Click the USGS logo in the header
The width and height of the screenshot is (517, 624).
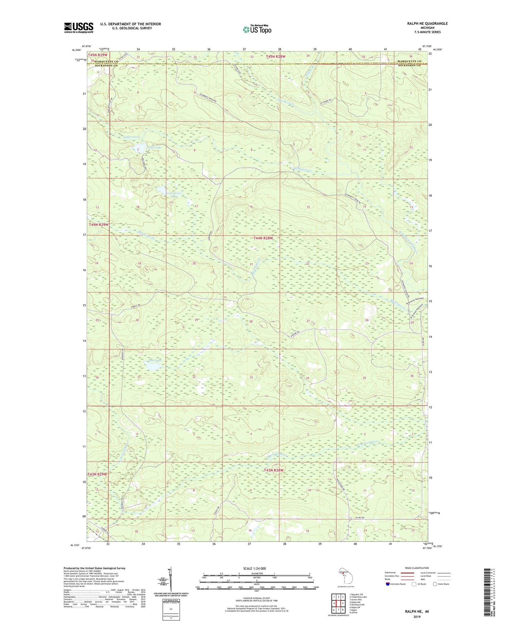tap(79, 28)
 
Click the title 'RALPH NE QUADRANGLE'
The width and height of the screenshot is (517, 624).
tap(427, 24)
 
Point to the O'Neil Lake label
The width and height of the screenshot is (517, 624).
tap(154, 147)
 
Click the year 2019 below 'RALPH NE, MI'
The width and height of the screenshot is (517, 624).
tap(417, 616)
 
